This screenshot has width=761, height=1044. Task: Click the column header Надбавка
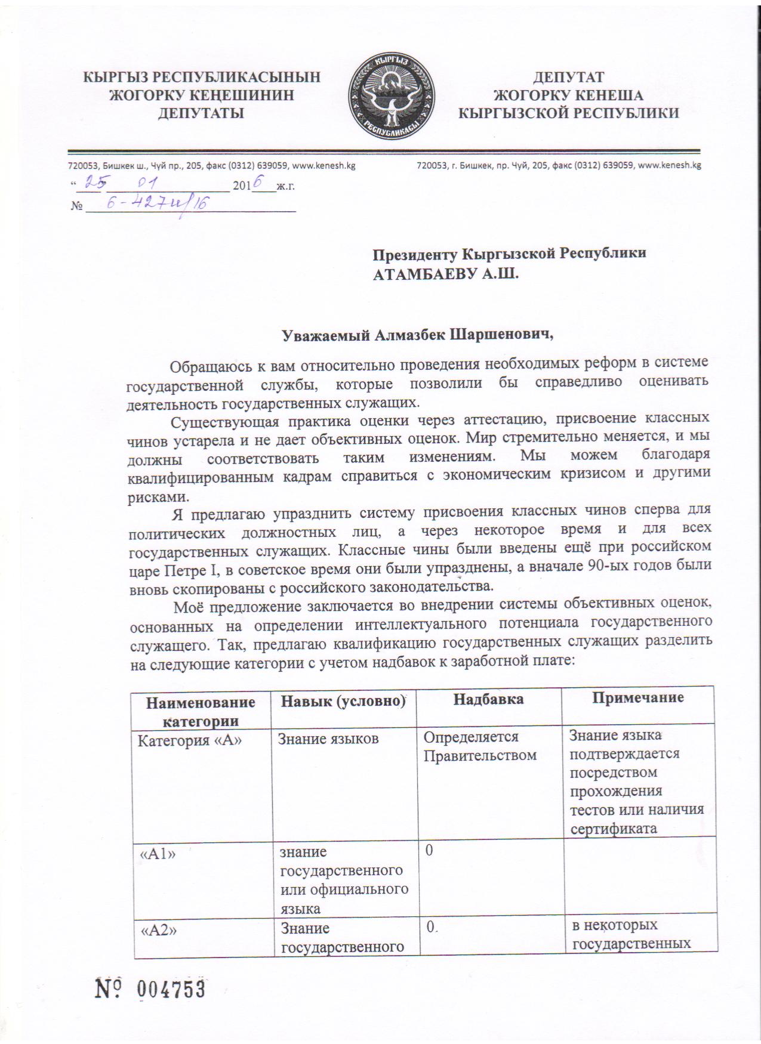pos(488,699)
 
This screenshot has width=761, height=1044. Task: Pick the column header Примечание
pos(637,697)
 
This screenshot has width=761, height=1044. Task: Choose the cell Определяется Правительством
pos(479,746)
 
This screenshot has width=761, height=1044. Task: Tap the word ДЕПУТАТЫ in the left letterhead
pos(200,113)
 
